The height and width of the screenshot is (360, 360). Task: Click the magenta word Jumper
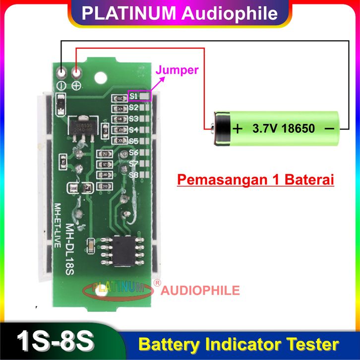click(x=177, y=70)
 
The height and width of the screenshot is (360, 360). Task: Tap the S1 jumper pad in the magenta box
click(x=144, y=95)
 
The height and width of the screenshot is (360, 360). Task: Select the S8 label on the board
click(x=133, y=175)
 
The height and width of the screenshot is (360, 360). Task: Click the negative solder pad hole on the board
click(x=61, y=73)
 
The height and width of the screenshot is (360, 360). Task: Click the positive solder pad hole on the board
click(x=77, y=73)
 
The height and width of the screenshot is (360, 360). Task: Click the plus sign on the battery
click(x=238, y=129)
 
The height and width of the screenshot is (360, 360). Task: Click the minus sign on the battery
click(x=328, y=128)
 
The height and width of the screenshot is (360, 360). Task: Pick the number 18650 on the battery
click(x=299, y=129)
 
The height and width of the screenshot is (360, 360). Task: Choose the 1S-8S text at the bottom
click(x=55, y=343)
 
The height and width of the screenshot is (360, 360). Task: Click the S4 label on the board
click(x=133, y=130)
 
